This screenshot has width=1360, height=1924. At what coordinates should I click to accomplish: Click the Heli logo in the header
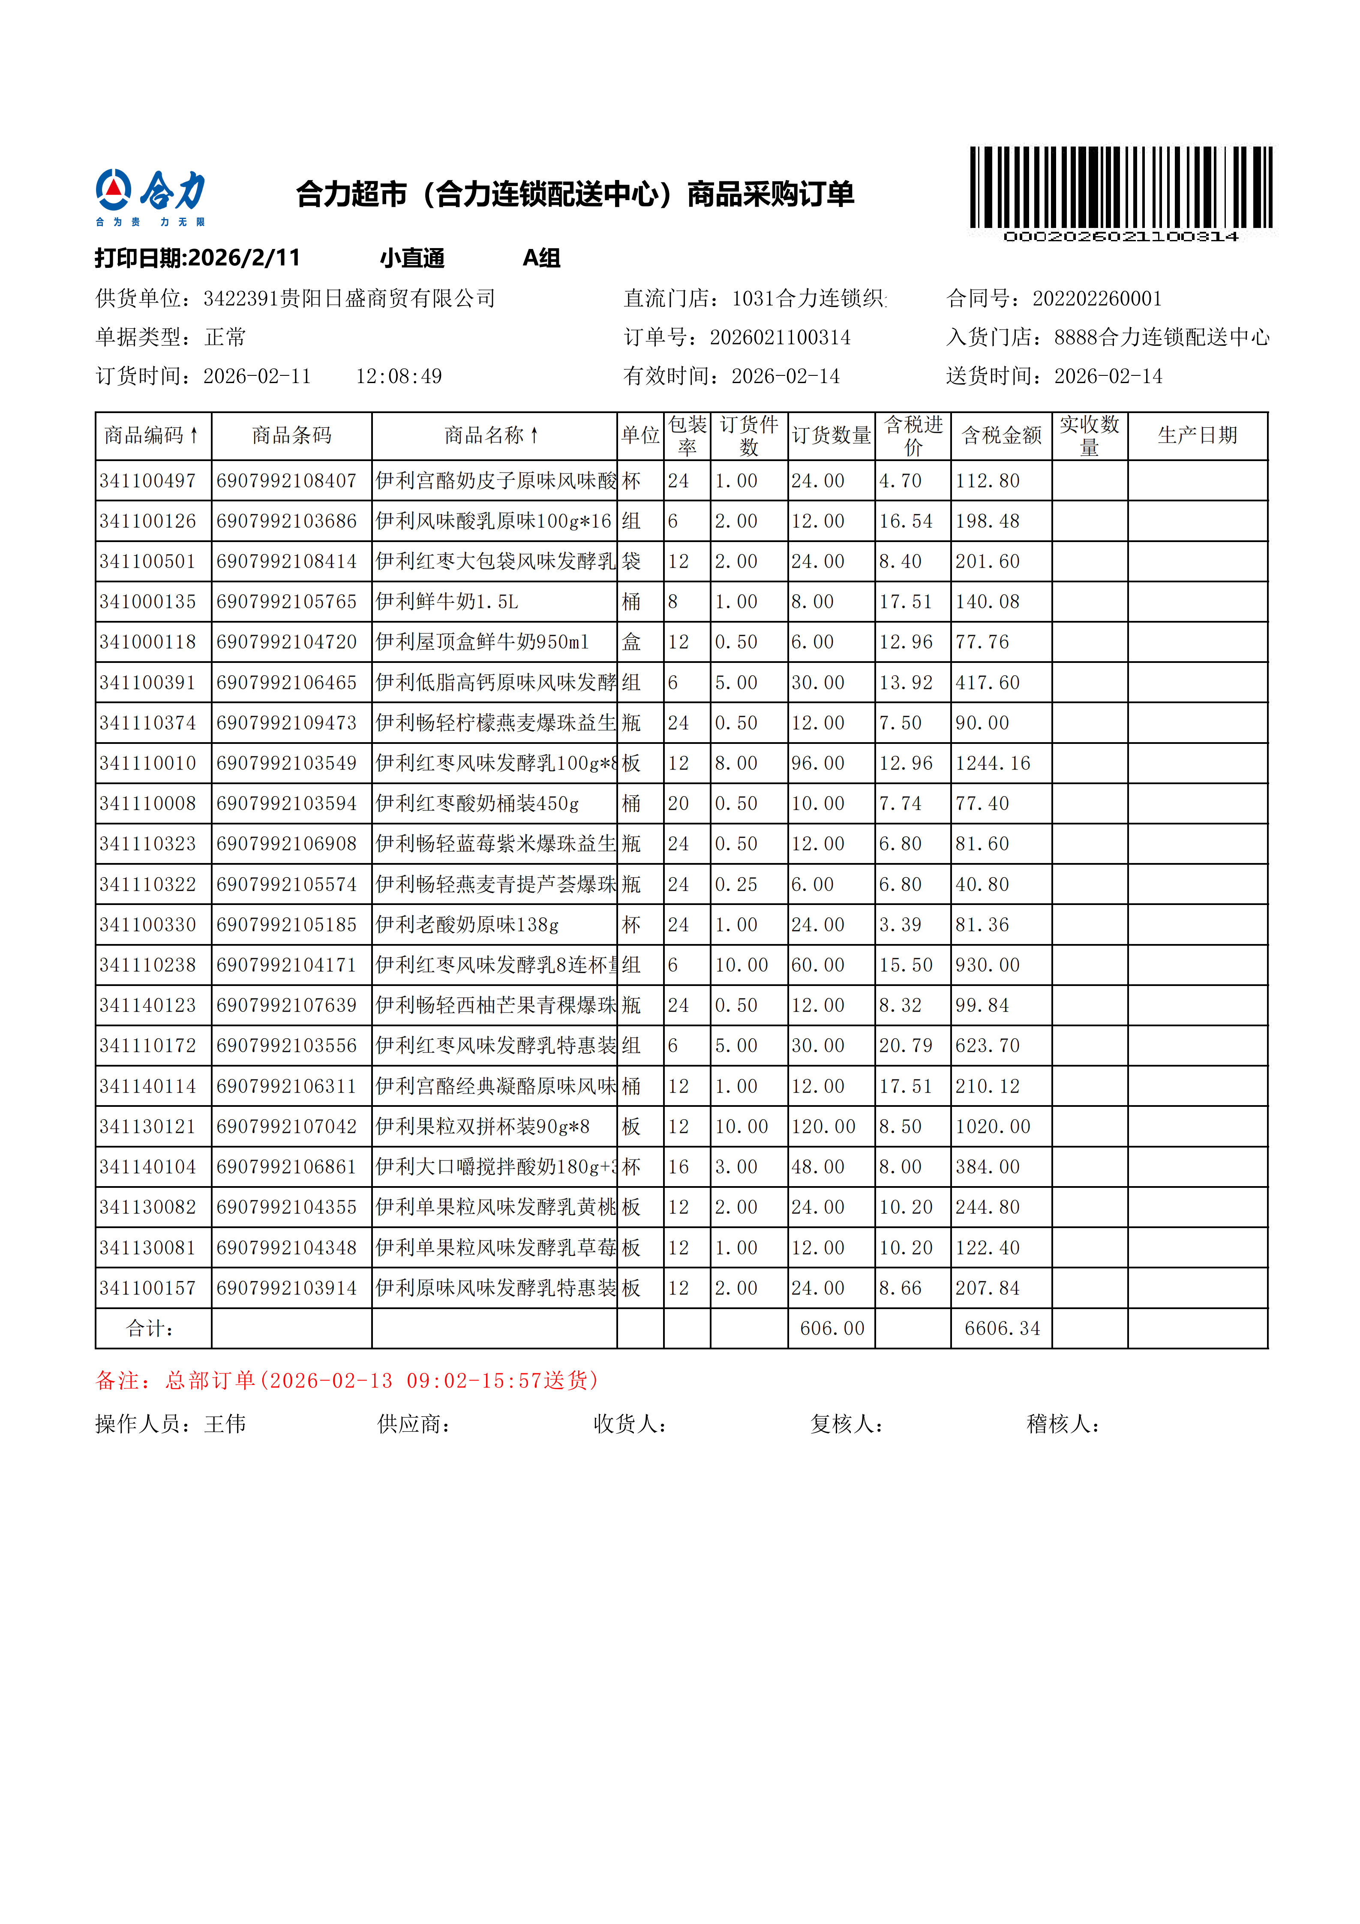click(150, 197)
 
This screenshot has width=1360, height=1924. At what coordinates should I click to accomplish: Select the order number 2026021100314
click(779, 338)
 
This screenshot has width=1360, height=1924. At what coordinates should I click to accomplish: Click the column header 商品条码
click(291, 436)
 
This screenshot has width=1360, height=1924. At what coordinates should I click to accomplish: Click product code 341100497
click(147, 481)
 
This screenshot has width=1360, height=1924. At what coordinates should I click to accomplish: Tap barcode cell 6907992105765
click(287, 602)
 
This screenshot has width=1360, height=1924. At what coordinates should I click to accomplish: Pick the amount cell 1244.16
click(992, 764)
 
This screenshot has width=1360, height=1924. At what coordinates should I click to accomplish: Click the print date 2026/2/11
click(244, 258)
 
